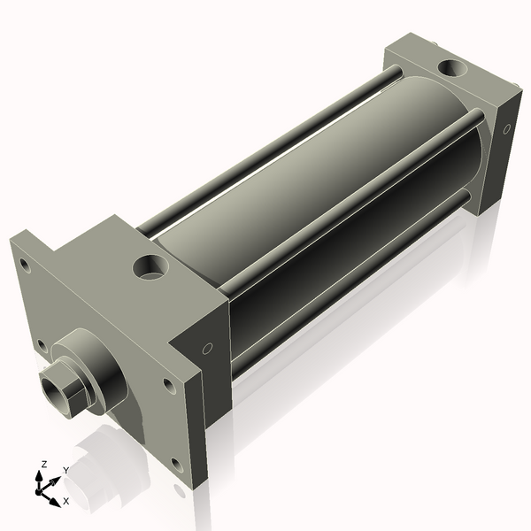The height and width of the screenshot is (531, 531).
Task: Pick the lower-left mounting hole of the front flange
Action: pos(40,344)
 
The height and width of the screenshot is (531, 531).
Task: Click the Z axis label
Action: pos(44,464)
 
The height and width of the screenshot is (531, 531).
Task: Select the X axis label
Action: pos(65,501)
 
